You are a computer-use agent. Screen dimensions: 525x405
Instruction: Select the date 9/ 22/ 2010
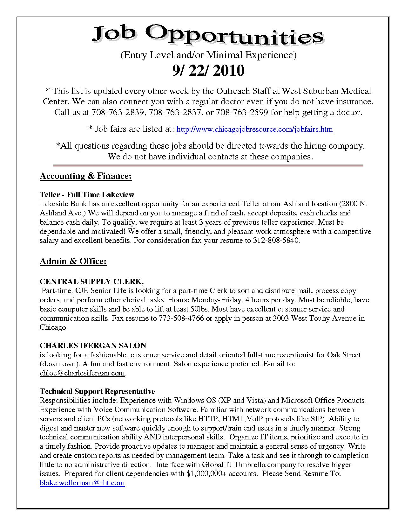coord(208,71)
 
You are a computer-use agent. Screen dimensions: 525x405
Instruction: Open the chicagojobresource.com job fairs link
coord(254,129)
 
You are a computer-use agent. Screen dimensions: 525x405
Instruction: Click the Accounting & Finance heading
coord(86,176)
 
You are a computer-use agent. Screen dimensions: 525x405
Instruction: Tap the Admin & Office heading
coord(73,261)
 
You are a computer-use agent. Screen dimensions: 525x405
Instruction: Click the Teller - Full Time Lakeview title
coord(87,195)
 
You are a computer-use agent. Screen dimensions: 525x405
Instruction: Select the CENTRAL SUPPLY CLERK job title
coord(92,281)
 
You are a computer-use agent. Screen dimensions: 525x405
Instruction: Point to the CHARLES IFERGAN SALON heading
coord(93,346)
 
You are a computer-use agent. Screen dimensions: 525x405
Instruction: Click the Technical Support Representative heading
coord(97,391)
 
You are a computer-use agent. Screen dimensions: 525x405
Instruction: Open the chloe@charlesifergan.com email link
coord(82,373)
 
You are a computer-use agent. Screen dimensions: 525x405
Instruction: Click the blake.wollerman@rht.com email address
coord(82,483)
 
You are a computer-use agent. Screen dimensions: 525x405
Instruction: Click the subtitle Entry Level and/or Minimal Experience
coord(208,55)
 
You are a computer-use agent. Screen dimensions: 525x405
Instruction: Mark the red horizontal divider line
coord(208,165)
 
